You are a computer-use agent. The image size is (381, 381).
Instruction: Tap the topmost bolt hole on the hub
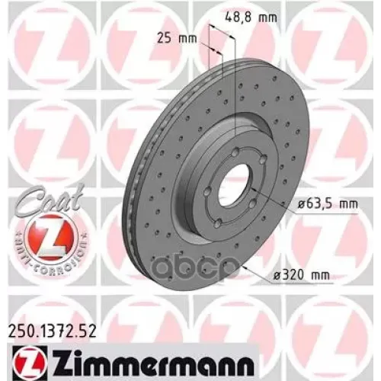[x=237, y=149]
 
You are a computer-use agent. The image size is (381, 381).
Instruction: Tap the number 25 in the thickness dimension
[x=176, y=37]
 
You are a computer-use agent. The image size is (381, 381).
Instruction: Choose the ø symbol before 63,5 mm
[x=278, y=203]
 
